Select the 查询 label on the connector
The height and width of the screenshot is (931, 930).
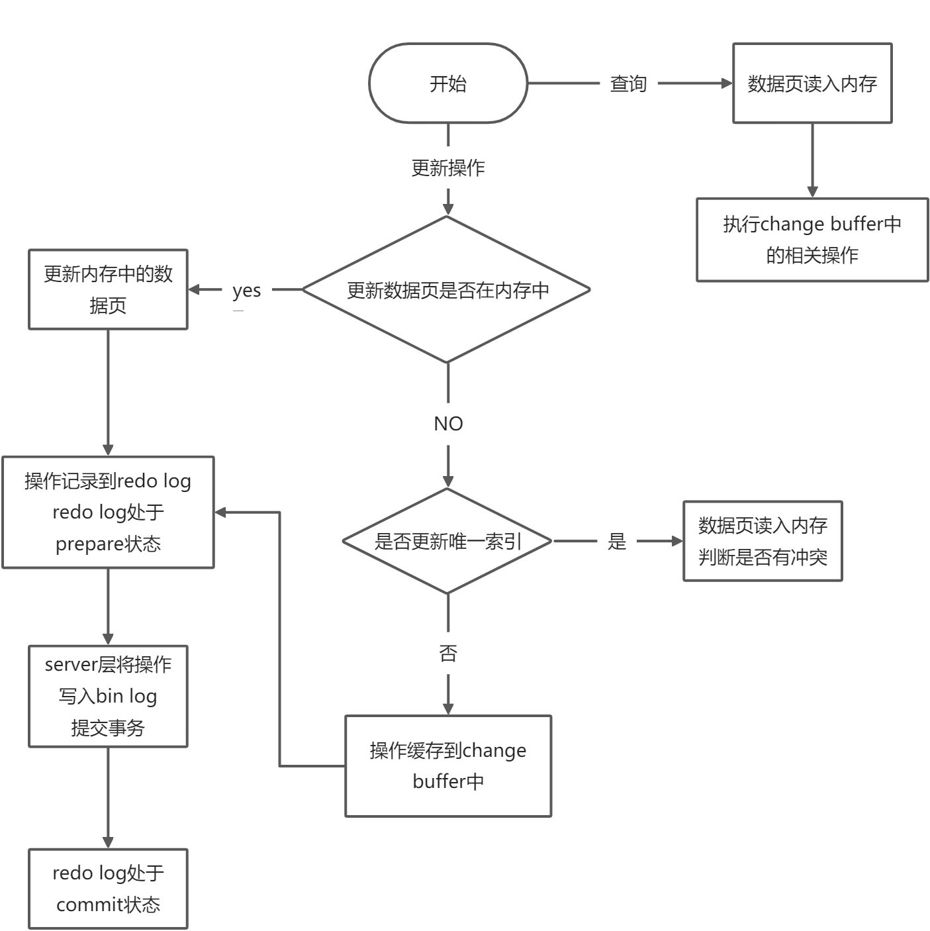(x=628, y=83)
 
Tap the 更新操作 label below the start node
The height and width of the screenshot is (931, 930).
(x=448, y=168)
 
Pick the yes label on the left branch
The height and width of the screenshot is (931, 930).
(x=246, y=291)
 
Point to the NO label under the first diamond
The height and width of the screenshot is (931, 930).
(x=448, y=424)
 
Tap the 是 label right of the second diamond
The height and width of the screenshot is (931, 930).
(x=617, y=541)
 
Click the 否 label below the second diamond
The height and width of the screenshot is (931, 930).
(x=448, y=653)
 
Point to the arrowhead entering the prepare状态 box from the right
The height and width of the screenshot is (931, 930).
(x=220, y=513)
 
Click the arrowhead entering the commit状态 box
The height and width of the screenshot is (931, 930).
(x=108, y=842)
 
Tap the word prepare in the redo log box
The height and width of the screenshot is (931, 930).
(x=89, y=544)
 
